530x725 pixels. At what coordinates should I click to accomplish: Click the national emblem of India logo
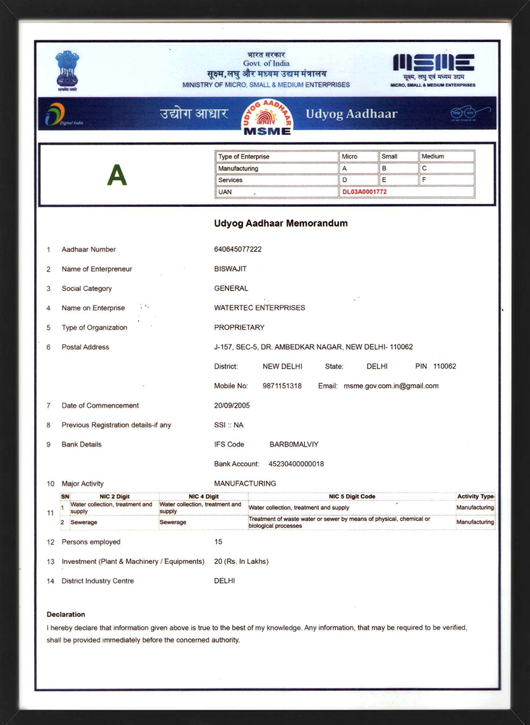67,69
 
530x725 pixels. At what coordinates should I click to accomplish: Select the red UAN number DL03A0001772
365,192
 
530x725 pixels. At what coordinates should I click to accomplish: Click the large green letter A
117,176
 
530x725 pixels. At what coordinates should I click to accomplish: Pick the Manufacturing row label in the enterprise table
238,168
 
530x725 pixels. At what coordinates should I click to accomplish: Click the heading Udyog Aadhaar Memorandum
281,223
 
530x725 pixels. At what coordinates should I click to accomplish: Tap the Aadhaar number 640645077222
238,250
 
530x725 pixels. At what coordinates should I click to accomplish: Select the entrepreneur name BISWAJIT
230,269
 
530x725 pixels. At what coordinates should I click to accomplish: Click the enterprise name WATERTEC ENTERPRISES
260,308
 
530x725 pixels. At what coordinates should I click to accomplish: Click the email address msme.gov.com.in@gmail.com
391,386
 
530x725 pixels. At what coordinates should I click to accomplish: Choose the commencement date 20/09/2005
232,406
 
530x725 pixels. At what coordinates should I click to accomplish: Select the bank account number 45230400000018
296,464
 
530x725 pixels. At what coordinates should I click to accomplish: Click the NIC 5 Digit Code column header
352,497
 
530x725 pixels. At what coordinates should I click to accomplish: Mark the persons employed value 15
219,542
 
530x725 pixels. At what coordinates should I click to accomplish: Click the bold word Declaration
66,615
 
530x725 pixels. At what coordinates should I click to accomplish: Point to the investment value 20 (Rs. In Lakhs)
241,561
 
